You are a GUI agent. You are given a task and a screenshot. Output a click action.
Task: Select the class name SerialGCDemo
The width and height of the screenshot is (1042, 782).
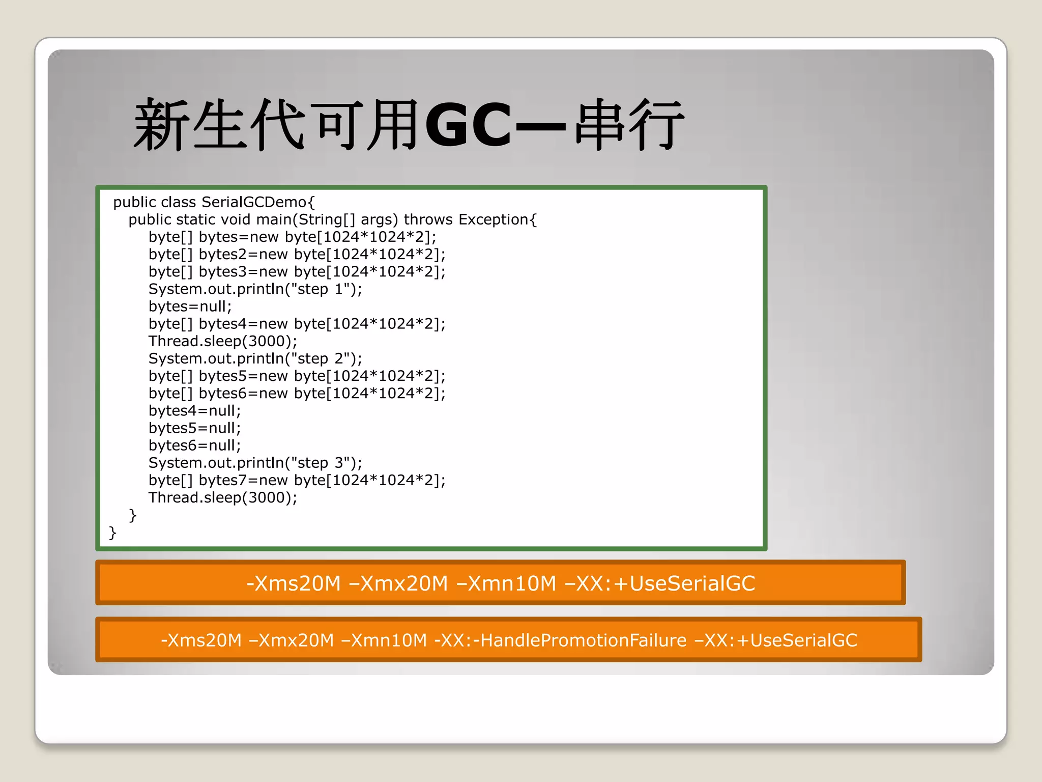click(x=258, y=202)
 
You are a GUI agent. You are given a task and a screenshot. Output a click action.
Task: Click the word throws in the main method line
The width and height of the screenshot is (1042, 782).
click(x=428, y=219)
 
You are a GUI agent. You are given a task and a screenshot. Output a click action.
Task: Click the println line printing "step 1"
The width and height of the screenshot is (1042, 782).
click(x=255, y=289)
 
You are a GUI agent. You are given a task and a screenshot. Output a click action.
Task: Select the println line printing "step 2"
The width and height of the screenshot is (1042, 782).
click(x=255, y=358)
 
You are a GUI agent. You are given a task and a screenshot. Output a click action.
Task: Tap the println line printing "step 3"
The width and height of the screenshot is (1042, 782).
click(x=255, y=463)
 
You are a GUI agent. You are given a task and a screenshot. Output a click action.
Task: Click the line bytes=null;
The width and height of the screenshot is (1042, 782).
click(x=190, y=306)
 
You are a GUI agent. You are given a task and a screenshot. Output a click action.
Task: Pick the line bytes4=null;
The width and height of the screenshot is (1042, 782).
click(x=194, y=411)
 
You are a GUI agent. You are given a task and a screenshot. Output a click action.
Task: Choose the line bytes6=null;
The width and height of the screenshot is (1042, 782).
click(x=194, y=445)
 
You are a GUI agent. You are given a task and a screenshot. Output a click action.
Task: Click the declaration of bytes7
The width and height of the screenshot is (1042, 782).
click(x=297, y=480)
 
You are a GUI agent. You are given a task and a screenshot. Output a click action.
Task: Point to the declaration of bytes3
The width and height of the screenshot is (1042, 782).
click(x=297, y=272)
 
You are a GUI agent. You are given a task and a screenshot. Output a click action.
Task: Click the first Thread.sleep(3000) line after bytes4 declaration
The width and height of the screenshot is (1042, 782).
click(x=222, y=341)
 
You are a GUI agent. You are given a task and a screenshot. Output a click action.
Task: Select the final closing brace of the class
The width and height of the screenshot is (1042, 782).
click(x=112, y=533)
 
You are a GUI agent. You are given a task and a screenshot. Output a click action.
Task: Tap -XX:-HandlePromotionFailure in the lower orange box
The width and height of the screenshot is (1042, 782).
click(x=560, y=640)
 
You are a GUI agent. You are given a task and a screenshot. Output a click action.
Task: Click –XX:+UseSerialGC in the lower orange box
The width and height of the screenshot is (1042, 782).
click(x=776, y=640)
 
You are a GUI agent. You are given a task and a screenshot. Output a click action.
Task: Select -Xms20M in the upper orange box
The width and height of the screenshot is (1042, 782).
click(x=294, y=583)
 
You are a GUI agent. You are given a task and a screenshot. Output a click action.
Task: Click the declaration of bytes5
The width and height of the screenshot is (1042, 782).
click(x=297, y=376)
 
